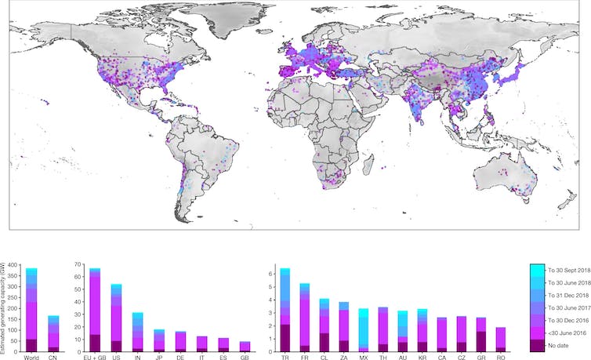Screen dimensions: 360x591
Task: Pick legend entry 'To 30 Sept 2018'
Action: click(567, 269)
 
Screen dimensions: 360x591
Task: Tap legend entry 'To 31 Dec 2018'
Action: click(565, 295)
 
